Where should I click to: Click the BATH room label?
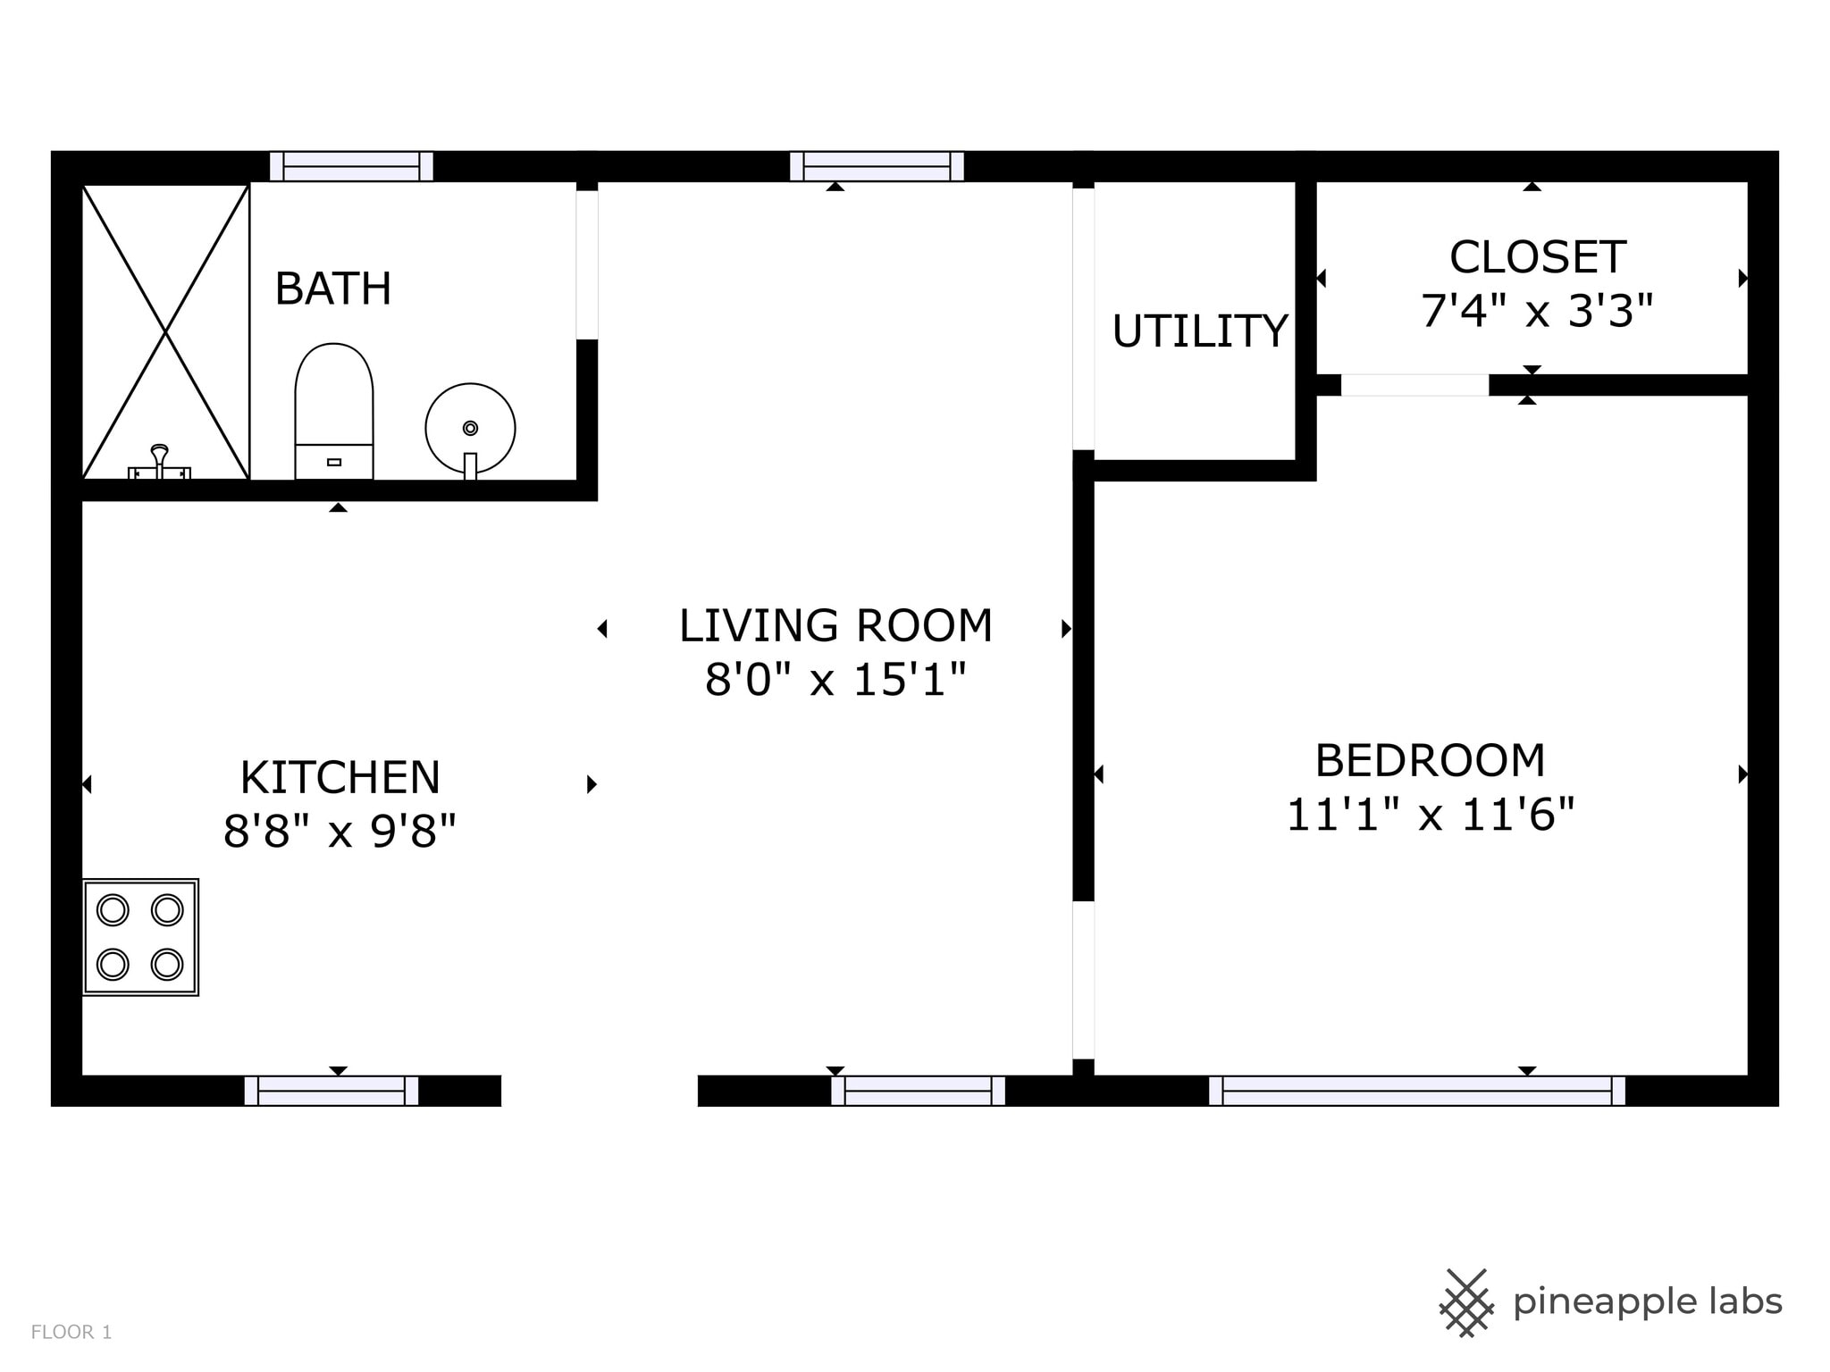tap(333, 289)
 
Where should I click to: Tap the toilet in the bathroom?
tap(334, 411)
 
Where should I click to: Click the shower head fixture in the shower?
tap(159, 461)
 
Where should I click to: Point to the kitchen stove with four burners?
tap(140, 937)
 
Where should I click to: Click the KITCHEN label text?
tap(340, 777)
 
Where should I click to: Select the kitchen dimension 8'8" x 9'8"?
tap(340, 831)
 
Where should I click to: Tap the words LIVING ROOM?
tap(835, 625)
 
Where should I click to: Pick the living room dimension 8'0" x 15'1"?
tap(835, 680)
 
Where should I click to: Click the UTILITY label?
tap(1200, 331)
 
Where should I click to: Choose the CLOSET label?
tap(1537, 257)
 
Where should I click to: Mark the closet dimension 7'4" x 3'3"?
tap(1537, 312)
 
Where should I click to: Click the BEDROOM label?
tap(1430, 761)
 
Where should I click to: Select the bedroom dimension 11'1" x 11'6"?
tap(1430, 815)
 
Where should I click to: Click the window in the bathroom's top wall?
tap(352, 166)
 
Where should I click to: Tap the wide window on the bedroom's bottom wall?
tap(1417, 1091)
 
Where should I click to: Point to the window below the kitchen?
tap(332, 1091)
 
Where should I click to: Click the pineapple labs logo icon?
tap(1466, 1302)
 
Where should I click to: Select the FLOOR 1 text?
tap(71, 1332)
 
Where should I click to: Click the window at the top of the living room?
tap(877, 166)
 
